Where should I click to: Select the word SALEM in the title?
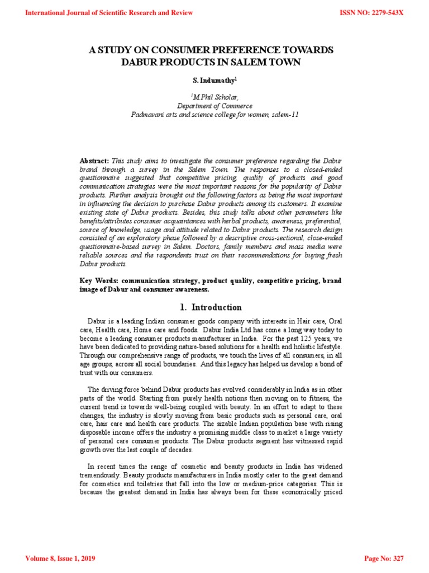pos(246,62)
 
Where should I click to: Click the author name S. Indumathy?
pos(213,81)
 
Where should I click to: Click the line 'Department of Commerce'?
pos(214,105)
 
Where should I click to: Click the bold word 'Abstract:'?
pos(94,161)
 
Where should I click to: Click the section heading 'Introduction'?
pos(217,307)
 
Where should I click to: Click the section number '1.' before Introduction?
pos(184,307)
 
